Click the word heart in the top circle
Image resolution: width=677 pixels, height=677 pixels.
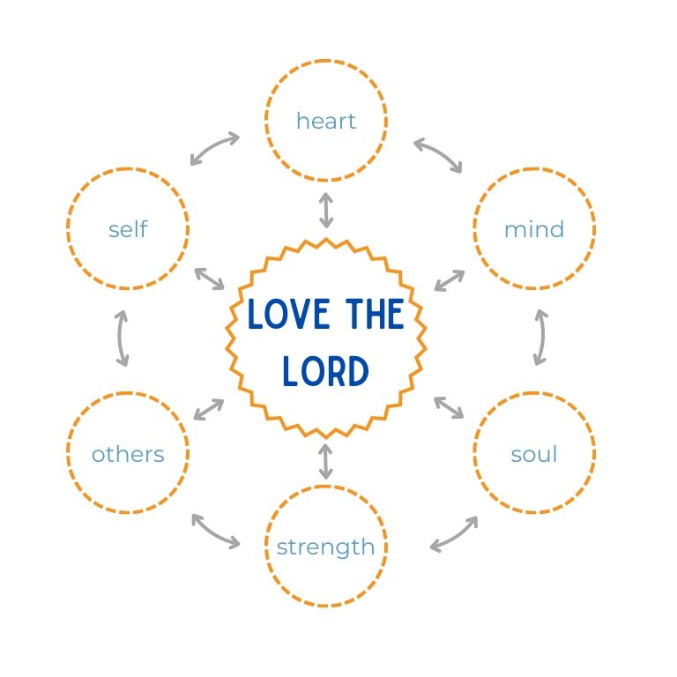coord(325,121)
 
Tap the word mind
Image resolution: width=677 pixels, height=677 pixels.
coord(533,229)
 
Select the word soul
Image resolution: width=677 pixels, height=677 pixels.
coord(533,454)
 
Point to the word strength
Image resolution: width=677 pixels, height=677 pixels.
coord(325,547)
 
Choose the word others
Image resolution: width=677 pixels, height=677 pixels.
coord(128,454)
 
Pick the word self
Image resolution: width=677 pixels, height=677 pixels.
coord(128,229)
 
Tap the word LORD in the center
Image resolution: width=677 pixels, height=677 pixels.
coord(325,371)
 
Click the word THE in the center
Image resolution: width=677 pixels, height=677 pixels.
coord(373,315)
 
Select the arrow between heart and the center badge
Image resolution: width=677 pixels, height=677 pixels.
coord(326,210)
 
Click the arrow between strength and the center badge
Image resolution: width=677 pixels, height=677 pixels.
coord(326,461)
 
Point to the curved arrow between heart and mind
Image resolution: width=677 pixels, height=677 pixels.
coord(438,154)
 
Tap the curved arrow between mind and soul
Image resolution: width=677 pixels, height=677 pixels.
coord(540,337)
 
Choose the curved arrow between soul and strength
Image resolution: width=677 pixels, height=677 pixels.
coord(455,533)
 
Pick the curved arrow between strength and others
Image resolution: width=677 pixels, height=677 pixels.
coord(215,532)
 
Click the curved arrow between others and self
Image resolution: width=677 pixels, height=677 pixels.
coord(123,338)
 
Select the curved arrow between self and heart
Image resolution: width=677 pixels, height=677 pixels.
coord(214,149)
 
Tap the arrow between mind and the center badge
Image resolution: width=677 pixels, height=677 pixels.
coord(450,280)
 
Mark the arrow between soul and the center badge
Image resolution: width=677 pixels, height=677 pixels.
coord(449,407)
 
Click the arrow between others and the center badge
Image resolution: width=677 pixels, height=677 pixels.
coord(208,409)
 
